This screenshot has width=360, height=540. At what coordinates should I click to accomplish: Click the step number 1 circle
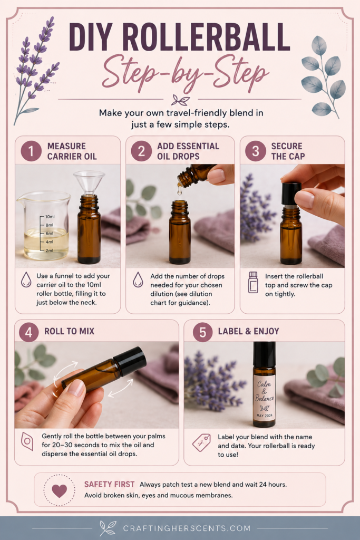(31, 151)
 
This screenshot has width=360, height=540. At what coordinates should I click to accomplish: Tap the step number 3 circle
(255, 151)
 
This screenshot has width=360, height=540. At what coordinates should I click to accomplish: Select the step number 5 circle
(202, 332)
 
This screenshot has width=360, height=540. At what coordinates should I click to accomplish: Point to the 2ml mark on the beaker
(50, 250)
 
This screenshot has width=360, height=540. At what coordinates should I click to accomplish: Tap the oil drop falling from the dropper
(179, 189)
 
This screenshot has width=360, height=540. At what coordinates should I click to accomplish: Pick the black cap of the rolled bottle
(130, 361)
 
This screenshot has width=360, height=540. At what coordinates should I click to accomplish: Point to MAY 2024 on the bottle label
(264, 416)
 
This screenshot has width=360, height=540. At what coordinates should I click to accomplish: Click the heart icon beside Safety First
(59, 490)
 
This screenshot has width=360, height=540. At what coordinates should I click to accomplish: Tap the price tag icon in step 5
(201, 442)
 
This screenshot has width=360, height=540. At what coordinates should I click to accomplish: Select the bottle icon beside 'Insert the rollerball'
(253, 283)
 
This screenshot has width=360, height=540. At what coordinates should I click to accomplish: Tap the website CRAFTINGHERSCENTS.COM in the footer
(187, 528)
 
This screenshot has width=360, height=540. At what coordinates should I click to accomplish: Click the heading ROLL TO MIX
(69, 331)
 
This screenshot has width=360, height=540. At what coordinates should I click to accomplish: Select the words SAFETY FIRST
(109, 484)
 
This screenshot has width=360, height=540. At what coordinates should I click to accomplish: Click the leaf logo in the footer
(108, 528)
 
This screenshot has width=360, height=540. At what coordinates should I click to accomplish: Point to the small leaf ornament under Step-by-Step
(180, 100)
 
